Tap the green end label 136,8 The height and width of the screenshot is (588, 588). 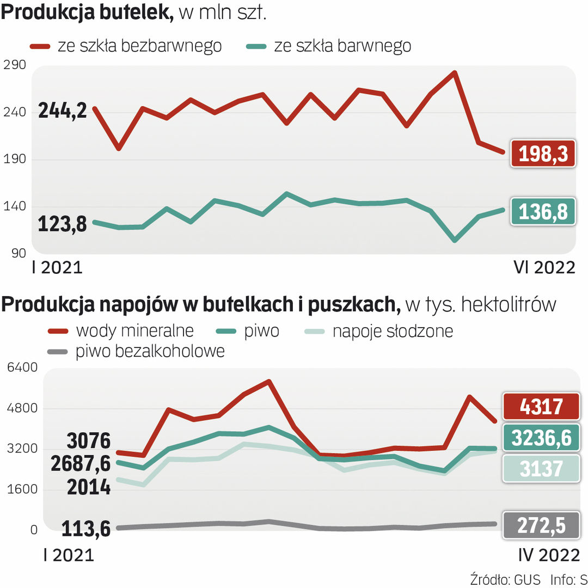coord(543,211)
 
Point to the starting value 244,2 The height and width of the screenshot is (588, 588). coord(63,111)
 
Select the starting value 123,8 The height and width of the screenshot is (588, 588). coord(63,224)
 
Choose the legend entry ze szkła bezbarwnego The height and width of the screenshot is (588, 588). coord(139,46)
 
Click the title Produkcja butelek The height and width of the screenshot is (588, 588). coord(87,13)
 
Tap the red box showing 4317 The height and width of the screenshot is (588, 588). coord(540,406)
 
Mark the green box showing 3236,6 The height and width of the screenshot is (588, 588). coord(540,438)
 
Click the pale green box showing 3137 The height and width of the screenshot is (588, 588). coord(540,469)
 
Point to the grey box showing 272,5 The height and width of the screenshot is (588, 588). coord(540,526)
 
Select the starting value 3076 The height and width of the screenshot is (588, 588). coord(88,440)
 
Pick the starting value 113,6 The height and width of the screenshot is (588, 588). coord(86,528)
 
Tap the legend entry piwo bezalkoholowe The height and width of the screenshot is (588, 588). coord(150,351)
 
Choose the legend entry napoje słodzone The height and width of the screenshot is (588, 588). coord(393,330)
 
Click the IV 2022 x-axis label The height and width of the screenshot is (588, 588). coord(548,555)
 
